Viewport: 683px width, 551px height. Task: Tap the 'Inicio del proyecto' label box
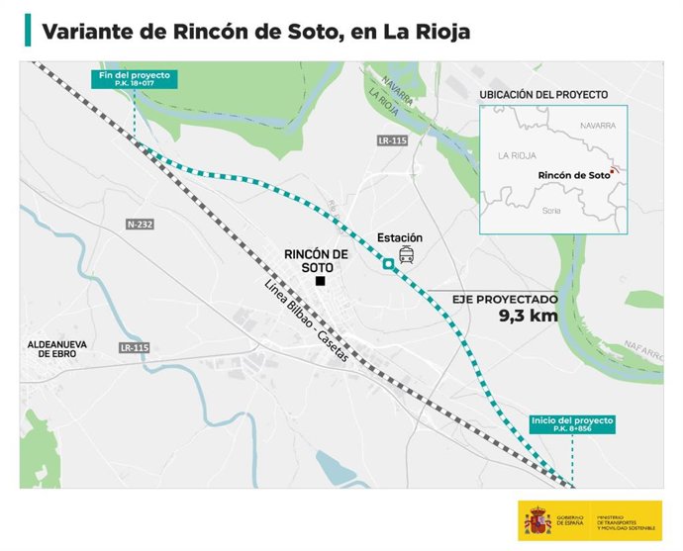[x=572, y=422]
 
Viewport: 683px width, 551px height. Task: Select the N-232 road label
[x=140, y=226]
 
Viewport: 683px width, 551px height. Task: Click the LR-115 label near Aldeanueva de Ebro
[x=133, y=347]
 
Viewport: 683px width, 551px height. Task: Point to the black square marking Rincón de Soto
[x=320, y=282]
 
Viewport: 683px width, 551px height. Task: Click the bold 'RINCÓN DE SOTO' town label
[x=316, y=261]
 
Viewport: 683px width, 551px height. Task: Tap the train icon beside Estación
[x=406, y=257]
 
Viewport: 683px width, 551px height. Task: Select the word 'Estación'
[x=400, y=238]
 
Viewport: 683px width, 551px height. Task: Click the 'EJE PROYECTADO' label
[x=505, y=298]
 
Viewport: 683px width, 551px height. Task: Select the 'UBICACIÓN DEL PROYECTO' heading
[x=541, y=94]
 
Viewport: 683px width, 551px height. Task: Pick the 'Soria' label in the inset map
[x=552, y=211]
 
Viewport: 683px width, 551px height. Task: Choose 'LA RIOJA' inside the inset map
[x=516, y=155]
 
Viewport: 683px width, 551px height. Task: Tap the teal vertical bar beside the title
[x=28, y=31]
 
